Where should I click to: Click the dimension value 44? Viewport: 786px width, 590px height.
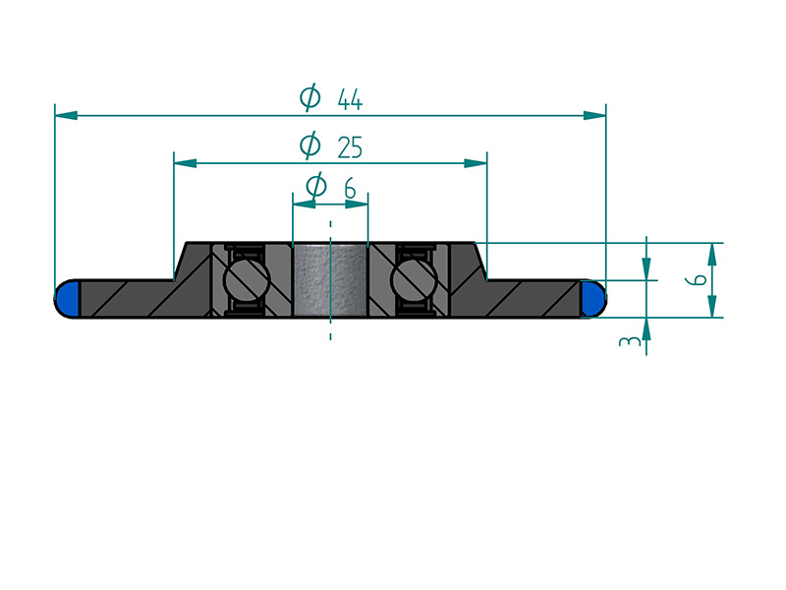pyautogui.click(x=350, y=99)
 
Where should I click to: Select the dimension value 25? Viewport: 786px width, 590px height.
pyautogui.click(x=350, y=147)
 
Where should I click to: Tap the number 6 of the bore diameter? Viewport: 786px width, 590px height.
pyautogui.click(x=350, y=188)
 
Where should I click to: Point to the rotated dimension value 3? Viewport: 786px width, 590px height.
pyautogui.click(x=630, y=341)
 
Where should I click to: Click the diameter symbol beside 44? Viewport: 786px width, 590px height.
pyautogui.click(x=309, y=96)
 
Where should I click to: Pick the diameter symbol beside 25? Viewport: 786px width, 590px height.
pyautogui.click(x=309, y=145)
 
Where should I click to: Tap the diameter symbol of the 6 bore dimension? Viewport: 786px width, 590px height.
pyautogui.click(x=316, y=186)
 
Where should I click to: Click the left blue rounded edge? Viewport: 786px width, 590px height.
pyautogui.click(x=68, y=299)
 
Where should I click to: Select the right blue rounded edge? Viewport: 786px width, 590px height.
pyautogui.click(x=592, y=299)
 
